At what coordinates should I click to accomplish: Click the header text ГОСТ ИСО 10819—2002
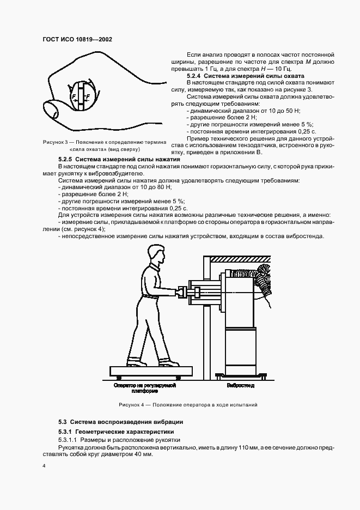[77, 40]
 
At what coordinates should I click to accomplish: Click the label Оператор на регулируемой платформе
[144, 387]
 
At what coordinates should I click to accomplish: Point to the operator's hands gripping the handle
[178, 293]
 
